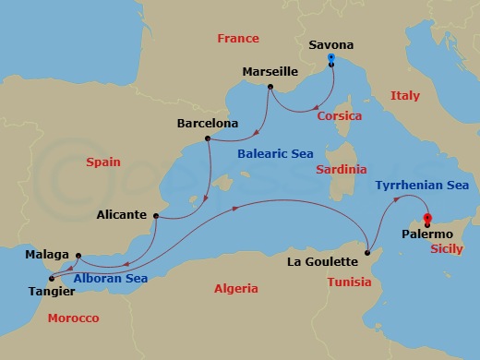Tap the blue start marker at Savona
pos(331,59)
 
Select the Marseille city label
pos(269,71)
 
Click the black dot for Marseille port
pos(270,88)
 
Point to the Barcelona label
pos(206,123)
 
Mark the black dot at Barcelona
pos(208,139)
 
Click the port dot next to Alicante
pos(156,217)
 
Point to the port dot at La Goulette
pos(367,252)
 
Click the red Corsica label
pos(339,116)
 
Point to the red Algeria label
pos(236,289)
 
